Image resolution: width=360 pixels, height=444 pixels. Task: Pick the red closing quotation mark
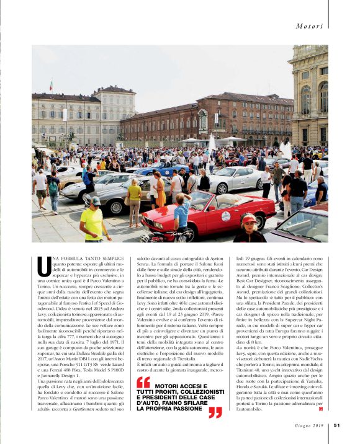tap(215, 412)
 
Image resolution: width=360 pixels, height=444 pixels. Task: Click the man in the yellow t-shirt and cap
tap(93, 220)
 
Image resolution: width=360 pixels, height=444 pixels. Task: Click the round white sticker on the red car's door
tap(226, 216)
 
